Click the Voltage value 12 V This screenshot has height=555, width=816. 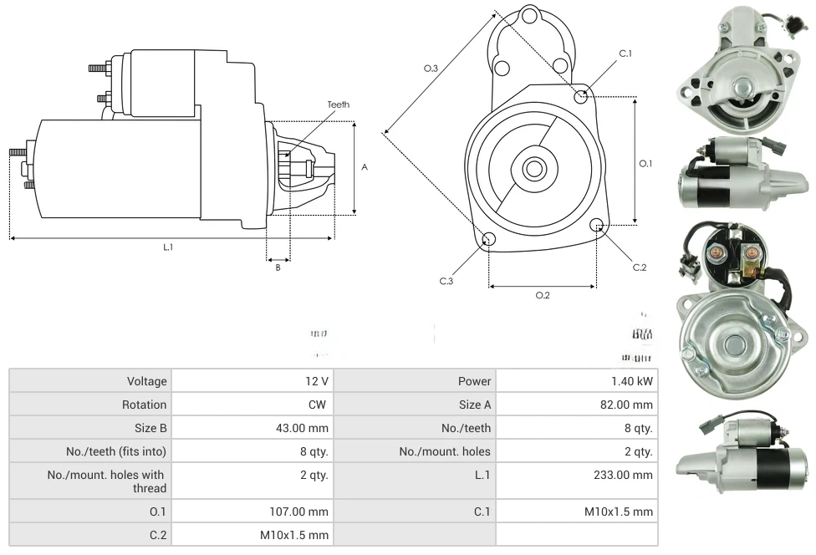(316, 381)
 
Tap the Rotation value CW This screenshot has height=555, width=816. (319, 405)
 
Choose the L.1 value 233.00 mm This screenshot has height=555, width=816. (621, 476)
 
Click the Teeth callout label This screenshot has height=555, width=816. (339, 104)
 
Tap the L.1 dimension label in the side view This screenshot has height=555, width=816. (168, 247)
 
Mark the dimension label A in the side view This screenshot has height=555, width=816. (365, 167)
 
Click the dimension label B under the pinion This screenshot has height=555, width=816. (278, 267)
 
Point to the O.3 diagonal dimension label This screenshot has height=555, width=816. (431, 69)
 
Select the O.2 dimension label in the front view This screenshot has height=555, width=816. (543, 295)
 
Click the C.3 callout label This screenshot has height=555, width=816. (446, 281)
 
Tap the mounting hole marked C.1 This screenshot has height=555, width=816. (581, 97)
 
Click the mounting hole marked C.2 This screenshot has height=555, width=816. (597, 226)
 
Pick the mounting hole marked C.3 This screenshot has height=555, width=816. (489, 240)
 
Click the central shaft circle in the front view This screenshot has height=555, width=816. (533, 169)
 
